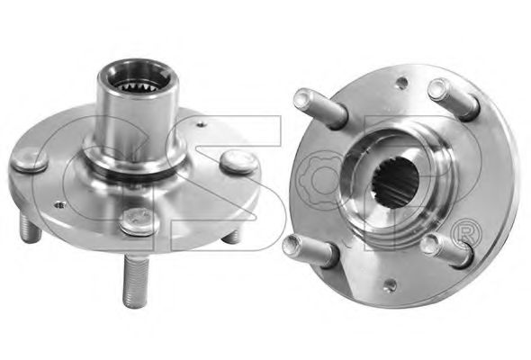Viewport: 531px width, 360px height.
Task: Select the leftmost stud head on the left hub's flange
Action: click(x=30, y=162)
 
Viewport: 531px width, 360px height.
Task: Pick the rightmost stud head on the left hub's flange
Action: click(x=239, y=161)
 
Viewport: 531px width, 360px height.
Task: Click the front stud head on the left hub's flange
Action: click(x=139, y=220)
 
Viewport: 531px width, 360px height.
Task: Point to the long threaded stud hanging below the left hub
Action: click(x=136, y=281)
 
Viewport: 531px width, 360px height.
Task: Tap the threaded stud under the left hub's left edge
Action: click(x=31, y=229)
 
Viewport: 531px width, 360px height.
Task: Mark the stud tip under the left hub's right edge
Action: click(x=231, y=237)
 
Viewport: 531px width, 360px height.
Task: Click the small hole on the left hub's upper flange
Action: click(x=202, y=124)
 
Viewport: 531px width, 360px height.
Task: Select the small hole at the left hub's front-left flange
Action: click(x=60, y=205)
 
